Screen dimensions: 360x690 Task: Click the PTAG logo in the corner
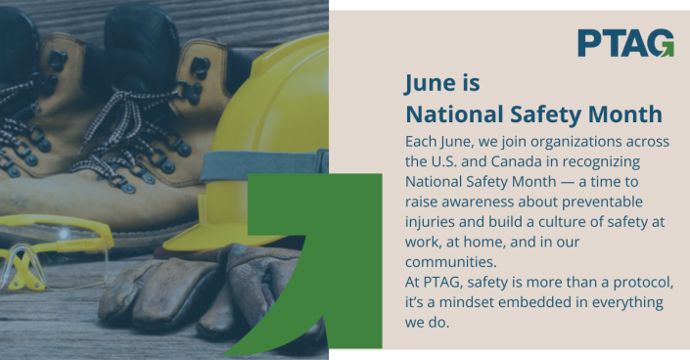tap(624, 43)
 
